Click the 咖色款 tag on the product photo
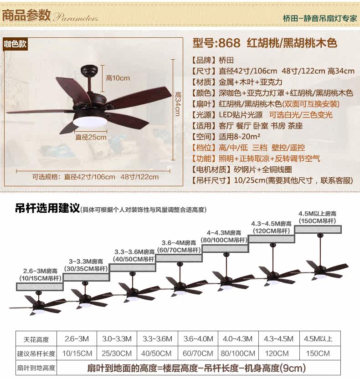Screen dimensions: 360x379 pos(16,44)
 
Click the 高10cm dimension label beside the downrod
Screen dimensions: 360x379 pos(118,78)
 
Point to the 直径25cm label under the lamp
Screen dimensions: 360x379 pos(91,137)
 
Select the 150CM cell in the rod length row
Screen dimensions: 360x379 pos(318,353)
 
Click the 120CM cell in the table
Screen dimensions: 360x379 pos(277,353)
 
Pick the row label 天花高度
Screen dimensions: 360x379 pos(36,339)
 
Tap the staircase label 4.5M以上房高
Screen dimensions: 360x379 pos(317,214)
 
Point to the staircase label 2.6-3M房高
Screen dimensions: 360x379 pos(40,271)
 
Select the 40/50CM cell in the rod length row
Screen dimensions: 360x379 pos(157,353)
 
